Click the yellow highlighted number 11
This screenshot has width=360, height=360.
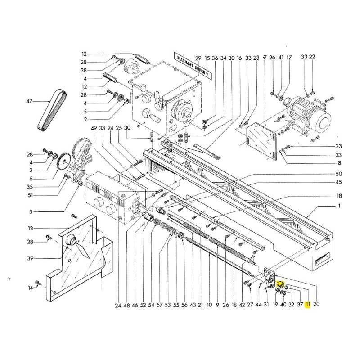pos(308,305)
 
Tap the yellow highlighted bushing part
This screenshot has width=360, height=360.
pos(280,285)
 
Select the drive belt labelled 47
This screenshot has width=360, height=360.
pos(52,111)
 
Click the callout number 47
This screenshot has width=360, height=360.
pos(30,101)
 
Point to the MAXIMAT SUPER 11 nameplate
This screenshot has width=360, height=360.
pos(193,65)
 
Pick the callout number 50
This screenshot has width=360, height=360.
pos(339,174)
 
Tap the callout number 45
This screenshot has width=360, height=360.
pos(339,182)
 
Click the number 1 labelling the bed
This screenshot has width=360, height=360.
pos(339,206)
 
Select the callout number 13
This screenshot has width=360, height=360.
pos(31,228)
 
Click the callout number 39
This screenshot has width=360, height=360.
pos(30,258)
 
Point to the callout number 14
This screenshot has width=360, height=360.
pos(31,288)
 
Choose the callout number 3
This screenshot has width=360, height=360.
pos(31,211)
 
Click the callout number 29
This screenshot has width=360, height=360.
pos(198,58)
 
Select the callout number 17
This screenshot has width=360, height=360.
pos(289,58)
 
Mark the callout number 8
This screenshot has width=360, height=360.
pos(340,163)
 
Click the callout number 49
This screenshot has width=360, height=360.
pos(94,128)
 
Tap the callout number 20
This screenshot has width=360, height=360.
pos(316,304)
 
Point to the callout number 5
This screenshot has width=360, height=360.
pos(85,112)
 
